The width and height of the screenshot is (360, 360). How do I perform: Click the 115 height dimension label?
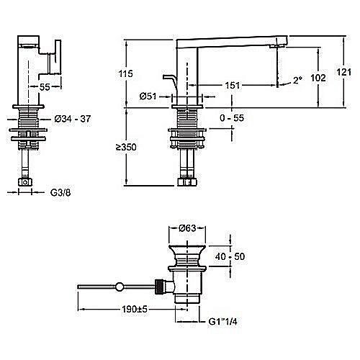pyautogui.click(x=125, y=73)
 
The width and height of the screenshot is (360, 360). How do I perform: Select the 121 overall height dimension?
pyautogui.click(x=344, y=72)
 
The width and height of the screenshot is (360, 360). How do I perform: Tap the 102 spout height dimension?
pyautogui.click(x=318, y=78)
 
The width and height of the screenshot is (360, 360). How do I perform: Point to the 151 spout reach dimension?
pyautogui.click(x=233, y=85)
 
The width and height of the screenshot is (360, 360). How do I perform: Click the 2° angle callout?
pyautogui.click(x=297, y=80)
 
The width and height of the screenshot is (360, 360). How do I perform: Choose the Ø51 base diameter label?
pyautogui.click(x=148, y=96)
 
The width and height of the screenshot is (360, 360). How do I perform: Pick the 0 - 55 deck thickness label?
pyautogui.click(x=232, y=118)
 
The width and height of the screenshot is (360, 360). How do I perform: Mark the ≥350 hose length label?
pyautogui.click(x=126, y=147)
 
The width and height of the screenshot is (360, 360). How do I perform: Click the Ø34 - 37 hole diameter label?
pyautogui.click(x=73, y=119)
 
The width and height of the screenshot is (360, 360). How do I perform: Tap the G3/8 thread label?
pyautogui.click(x=60, y=192)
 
